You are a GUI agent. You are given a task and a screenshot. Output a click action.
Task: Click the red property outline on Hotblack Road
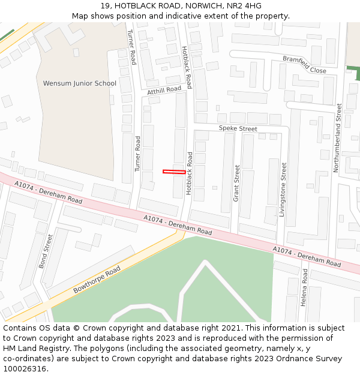(174, 172)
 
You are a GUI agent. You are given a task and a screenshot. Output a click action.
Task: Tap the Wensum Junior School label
(80, 83)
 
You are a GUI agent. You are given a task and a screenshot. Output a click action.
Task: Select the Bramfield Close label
(304, 65)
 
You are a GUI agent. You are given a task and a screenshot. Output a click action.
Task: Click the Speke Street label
(238, 129)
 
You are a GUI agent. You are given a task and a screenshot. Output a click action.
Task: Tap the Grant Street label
(236, 183)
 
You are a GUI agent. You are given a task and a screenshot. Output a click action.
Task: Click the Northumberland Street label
(338, 138)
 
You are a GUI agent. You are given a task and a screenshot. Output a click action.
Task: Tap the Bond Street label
(46, 251)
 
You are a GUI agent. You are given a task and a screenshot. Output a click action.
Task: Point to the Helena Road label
(304, 287)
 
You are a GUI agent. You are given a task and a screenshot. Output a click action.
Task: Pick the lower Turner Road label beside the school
(138, 154)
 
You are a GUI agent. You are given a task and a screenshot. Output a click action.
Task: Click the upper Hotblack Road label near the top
(186, 67)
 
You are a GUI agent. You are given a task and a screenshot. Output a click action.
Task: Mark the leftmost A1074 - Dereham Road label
(49, 192)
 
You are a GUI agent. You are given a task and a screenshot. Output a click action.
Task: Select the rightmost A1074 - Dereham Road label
(307, 257)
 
